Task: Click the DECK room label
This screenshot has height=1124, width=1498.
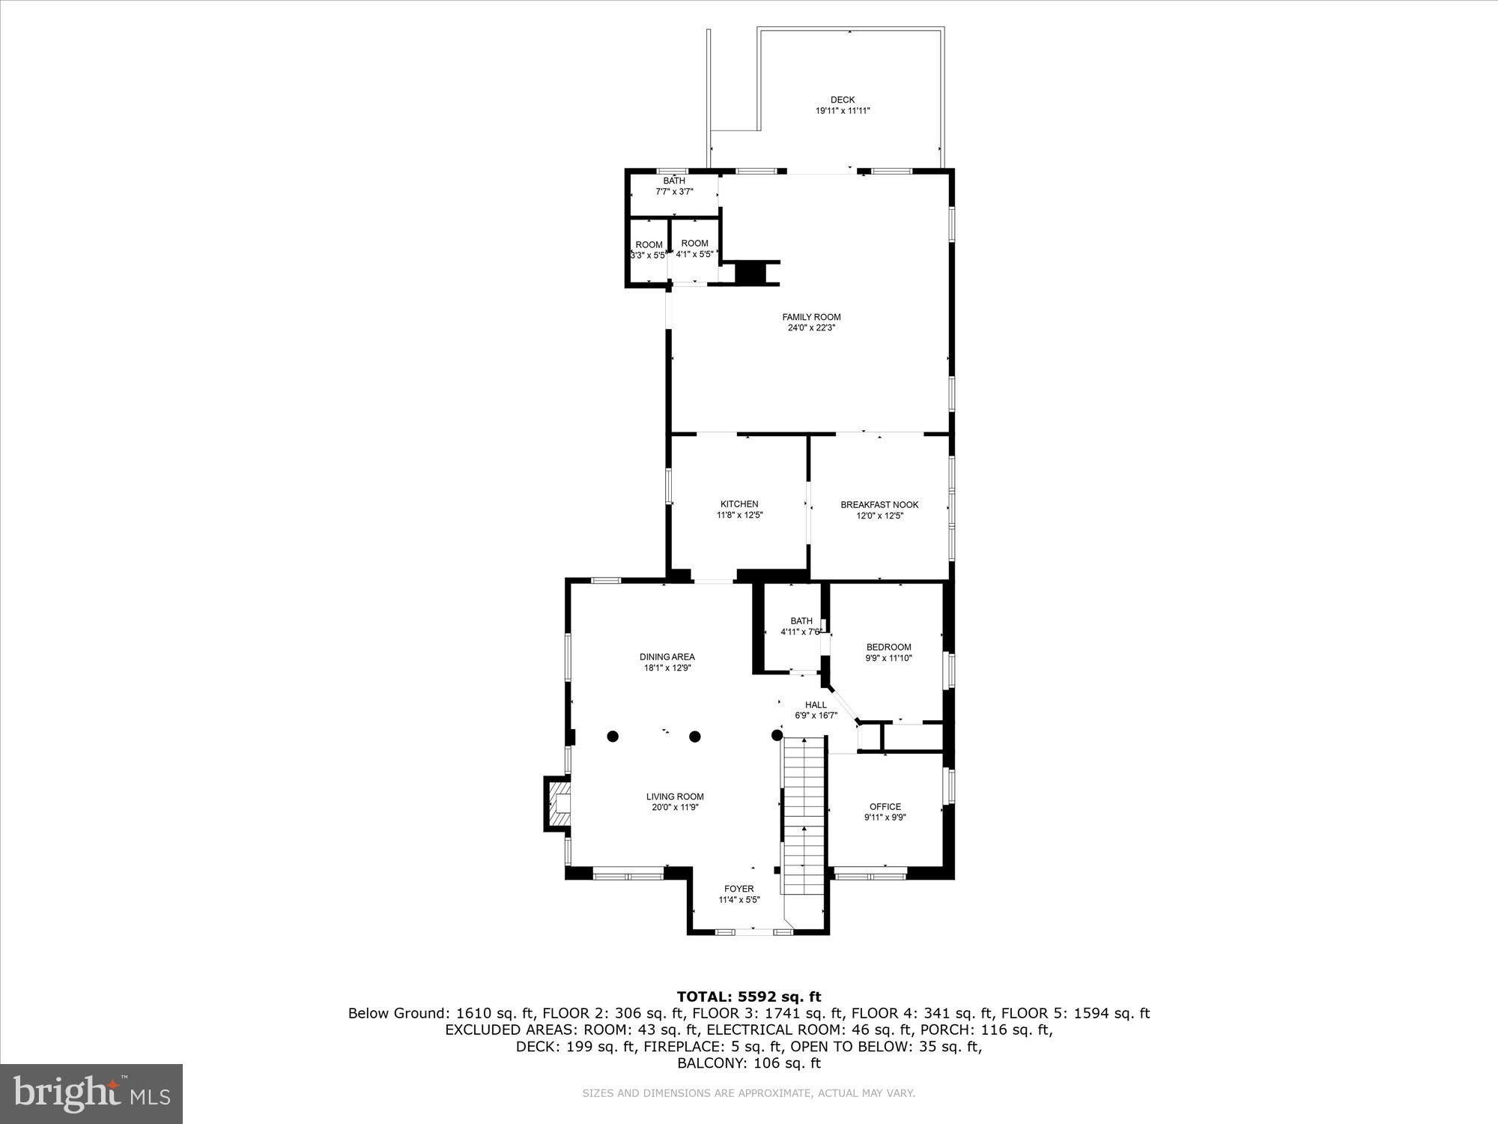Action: click(x=842, y=100)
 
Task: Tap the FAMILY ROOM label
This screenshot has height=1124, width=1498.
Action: click(x=811, y=317)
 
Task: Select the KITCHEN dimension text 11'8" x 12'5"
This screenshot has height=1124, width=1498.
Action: click(x=739, y=516)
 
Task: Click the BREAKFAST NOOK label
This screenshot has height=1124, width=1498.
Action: click(x=879, y=504)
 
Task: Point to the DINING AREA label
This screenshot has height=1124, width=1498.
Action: click(x=667, y=657)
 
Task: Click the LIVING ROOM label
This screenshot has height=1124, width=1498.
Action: click(x=675, y=797)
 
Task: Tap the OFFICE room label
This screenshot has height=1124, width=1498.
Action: click(x=885, y=807)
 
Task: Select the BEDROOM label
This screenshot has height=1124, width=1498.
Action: click(x=888, y=647)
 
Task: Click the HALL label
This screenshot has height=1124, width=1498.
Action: click(x=816, y=704)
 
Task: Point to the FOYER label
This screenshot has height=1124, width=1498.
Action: click(x=739, y=889)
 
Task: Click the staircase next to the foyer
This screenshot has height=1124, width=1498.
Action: click(x=804, y=817)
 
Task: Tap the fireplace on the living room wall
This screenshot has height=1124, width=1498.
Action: click(x=557, y=803)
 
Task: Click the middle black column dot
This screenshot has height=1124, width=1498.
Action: click(x=695, y=737)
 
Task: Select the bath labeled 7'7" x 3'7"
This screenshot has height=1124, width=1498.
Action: click(x=674, y=187)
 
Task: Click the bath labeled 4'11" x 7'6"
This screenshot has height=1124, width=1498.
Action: click(x=801, y=626)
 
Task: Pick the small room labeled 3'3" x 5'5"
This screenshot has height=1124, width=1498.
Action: click(x=649, y=250)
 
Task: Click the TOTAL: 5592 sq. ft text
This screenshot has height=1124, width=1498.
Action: click(x=748, y=997)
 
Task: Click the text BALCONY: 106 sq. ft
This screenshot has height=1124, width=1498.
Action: click(x=748, y=1063)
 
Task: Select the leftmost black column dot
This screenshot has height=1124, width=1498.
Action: click(x=613, y=737)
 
